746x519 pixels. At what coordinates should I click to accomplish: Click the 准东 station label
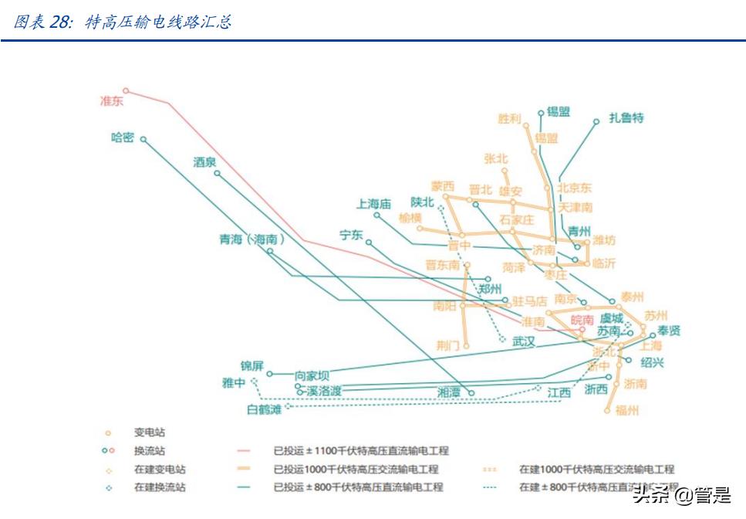click(x=112, y=101)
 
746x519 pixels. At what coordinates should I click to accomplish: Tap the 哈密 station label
click(x=123, y=138)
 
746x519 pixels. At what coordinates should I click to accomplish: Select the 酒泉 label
click(x=204, y=162)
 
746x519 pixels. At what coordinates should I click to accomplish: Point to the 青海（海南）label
click(x=252, y=239)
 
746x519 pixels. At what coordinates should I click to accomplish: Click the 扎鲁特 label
click(x=626, y=118)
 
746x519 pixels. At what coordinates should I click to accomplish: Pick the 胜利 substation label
click(x=509, y=119)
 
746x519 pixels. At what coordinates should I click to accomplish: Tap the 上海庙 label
click(x=374, y=204)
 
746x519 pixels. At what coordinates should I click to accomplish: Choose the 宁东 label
click(x=351, y=235)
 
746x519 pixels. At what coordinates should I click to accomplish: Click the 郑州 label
click(x=490, y=289)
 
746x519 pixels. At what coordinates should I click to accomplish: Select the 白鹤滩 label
click(x=264, y=409)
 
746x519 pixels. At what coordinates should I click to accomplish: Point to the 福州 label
click(x=627, y=411)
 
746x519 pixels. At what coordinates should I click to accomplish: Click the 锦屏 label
click(x=252, y=365)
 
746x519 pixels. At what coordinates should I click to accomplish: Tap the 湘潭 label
click(x=449, y=392)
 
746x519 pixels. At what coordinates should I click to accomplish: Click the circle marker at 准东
click(x=127, y=90)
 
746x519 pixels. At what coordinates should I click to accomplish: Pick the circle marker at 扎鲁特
click(x=596, y=121)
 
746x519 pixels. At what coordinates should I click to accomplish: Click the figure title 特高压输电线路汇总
click(x=158, y=22)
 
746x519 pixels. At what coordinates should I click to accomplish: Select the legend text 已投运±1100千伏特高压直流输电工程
click(x=360, y=450)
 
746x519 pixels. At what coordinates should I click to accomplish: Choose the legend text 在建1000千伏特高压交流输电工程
click(x=596, y=469)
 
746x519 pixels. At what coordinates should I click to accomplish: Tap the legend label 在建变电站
click(x=160, y=469)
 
